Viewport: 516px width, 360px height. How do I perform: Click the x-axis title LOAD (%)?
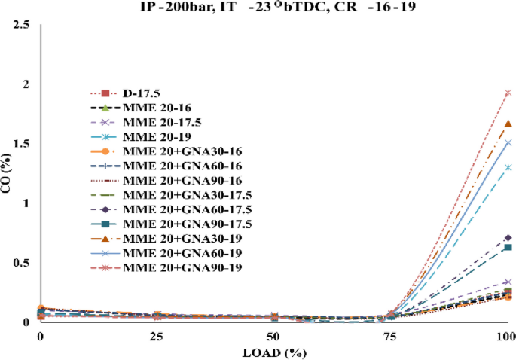point(273,351)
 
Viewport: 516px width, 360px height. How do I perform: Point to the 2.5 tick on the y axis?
point(23,25)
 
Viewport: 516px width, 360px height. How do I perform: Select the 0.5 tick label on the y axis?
point(23,263)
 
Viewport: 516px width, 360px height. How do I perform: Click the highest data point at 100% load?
point(508,93)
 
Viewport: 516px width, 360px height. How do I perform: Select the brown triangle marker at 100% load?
point(508,124)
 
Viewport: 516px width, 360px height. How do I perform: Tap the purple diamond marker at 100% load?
point(508,238)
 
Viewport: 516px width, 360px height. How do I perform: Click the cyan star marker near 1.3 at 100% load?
point(508,167)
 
